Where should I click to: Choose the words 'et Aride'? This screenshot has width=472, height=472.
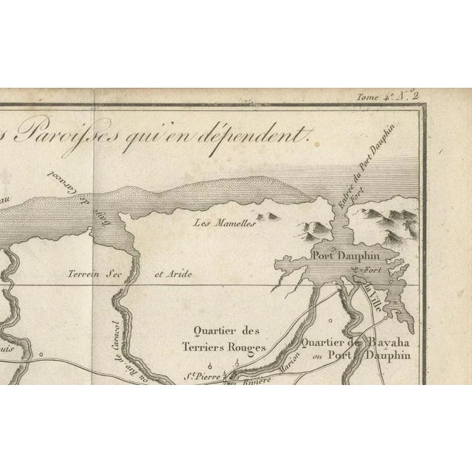[x=173, y=274]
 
